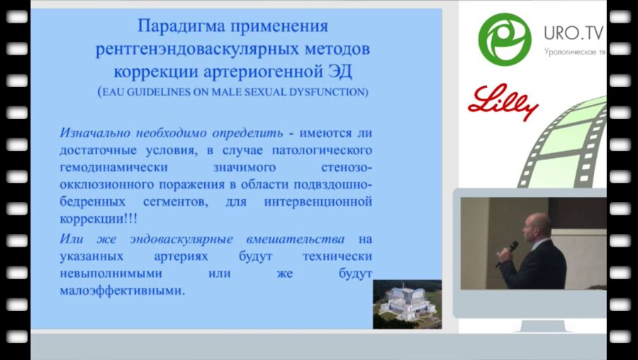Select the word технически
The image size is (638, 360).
[x=340, y=255]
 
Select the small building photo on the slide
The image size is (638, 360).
[x=407, y=303]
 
